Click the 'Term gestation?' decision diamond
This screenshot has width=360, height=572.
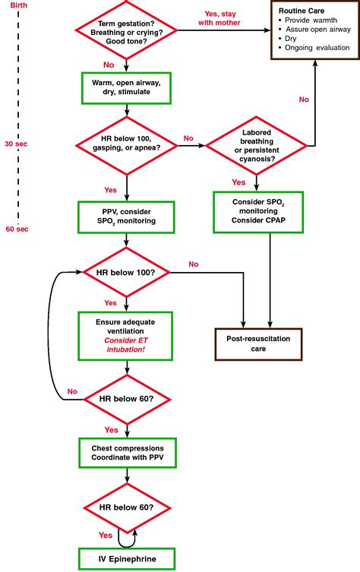tap(127, 32)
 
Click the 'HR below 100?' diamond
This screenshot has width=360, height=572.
tap(127, 271)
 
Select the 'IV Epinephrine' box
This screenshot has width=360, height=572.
tap(127, 560)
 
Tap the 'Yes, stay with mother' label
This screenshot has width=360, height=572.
tap(223, 18)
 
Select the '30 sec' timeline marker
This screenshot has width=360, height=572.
tap(15, 143)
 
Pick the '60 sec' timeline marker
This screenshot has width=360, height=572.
tap(15, 229)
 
